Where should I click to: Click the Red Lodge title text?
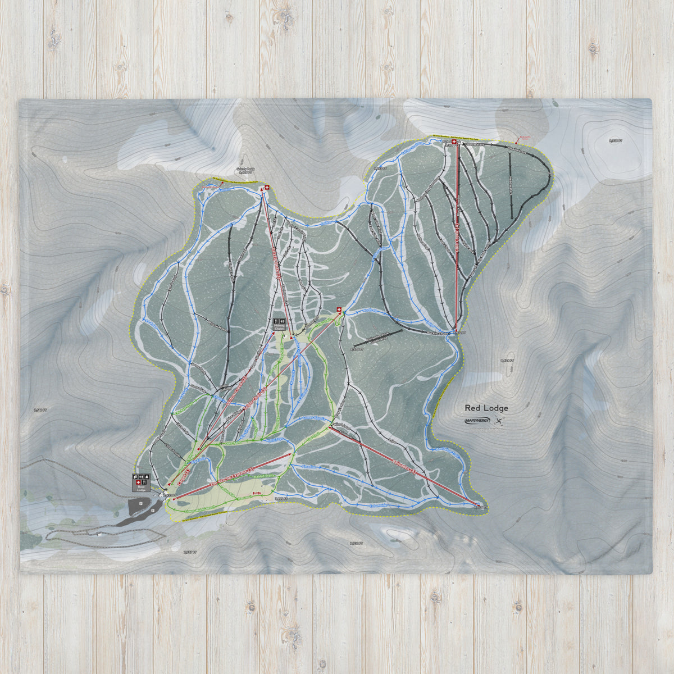tap(486, 408)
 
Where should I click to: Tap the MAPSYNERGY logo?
tap(477, 421)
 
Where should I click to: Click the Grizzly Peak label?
tap(246, 168)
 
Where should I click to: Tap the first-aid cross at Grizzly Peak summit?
tap(266, 188)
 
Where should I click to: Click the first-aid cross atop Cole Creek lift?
tap(454, 143)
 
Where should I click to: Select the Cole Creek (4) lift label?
tap(457, 236)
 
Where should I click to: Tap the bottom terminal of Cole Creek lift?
tap(456, 332)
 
